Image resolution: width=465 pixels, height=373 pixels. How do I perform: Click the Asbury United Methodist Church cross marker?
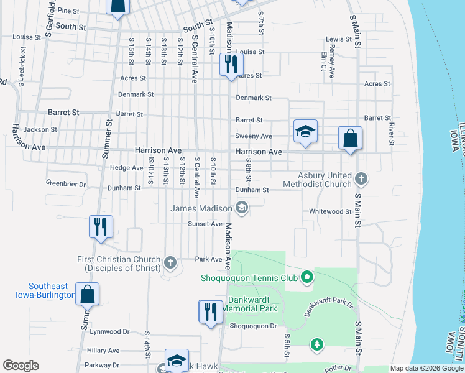[x=361, y=180]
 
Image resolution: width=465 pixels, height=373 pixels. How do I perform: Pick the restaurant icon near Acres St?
[x=231, y=65]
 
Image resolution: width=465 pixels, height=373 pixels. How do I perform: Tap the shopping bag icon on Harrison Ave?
[x=350, y=138]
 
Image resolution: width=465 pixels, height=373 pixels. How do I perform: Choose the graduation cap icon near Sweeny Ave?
[x=305, y=131]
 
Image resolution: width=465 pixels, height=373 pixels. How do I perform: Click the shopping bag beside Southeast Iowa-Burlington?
[x=88, y=294]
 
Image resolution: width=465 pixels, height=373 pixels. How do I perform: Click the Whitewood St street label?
[x=331, y=211]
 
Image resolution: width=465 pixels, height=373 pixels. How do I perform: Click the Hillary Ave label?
[x=103, y=351]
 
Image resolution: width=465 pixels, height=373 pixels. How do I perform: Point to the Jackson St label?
[x=41, y=130]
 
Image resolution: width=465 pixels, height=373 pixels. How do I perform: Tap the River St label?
[x=391, y=134]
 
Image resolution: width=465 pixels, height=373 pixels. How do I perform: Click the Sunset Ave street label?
[x=206, y=224]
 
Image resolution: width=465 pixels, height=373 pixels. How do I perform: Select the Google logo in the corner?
[x=21, y=366]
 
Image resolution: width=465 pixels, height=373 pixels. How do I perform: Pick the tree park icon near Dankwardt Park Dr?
[x=317, y=344]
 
